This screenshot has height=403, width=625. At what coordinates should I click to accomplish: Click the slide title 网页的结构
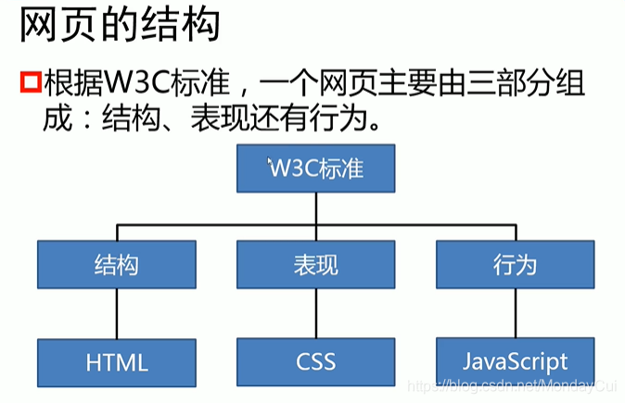[x=121, y=25]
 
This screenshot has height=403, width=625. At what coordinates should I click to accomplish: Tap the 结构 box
[x=117, y=264]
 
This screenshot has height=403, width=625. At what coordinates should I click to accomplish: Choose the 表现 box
[x=315, y=264]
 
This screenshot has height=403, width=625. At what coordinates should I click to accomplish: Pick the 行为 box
[x=515, y=264]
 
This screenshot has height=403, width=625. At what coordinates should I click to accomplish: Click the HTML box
[x=117, y=362]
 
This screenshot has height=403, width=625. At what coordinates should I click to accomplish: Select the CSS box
[x=315, y=360]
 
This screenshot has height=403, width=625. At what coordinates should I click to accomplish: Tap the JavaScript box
[x=515, y=360]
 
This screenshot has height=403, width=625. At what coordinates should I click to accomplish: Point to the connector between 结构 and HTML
[x=117, y=313]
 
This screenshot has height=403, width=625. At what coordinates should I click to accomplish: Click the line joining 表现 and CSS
[x=315, y=312]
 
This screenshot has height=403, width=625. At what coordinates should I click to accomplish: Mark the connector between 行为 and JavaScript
[x=515, y=312]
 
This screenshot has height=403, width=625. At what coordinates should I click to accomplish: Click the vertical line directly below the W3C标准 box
[x=315, y=208]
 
